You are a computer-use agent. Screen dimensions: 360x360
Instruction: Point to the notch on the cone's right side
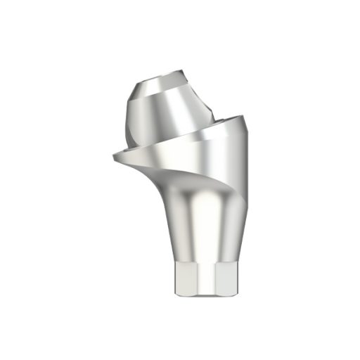(x=209, y=105)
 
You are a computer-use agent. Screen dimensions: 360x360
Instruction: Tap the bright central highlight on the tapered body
(x=200, y=225)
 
